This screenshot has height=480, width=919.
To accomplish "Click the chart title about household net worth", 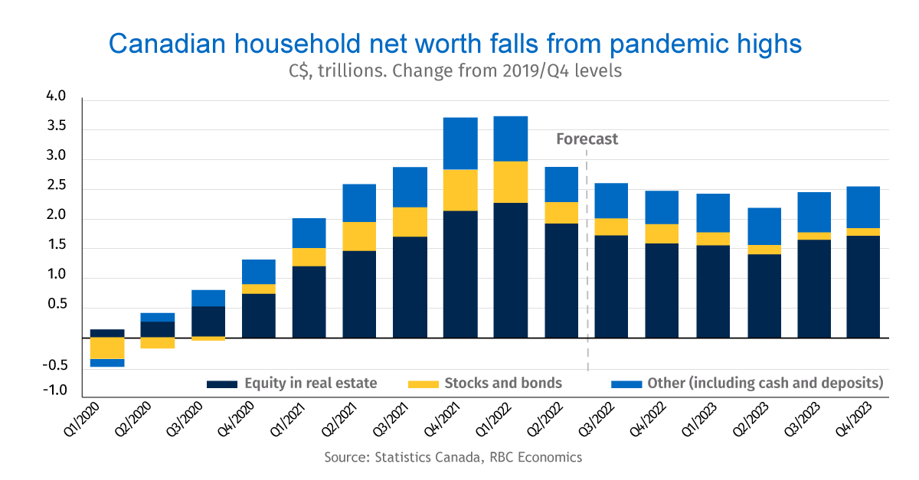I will (455, 44).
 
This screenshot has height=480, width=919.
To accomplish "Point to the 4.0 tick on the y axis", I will (57, 97).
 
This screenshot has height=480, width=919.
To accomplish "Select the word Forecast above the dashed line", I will (587, 139).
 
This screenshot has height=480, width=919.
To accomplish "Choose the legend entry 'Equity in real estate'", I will (310, 383).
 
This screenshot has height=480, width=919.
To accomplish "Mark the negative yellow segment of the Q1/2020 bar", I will (107, 348).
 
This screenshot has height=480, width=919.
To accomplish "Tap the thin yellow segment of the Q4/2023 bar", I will (863, 232).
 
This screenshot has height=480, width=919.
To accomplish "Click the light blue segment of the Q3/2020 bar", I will (208, 298).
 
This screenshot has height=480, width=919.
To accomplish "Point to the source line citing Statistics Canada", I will (453, 458).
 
